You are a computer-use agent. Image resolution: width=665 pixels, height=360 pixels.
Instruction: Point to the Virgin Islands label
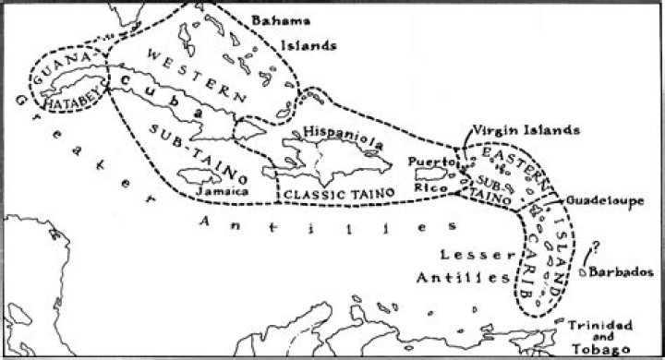coord(526,130)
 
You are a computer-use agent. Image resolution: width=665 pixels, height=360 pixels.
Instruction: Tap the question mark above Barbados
coord(596,247)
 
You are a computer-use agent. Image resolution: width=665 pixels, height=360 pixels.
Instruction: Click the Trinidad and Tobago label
coord(599,337)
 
